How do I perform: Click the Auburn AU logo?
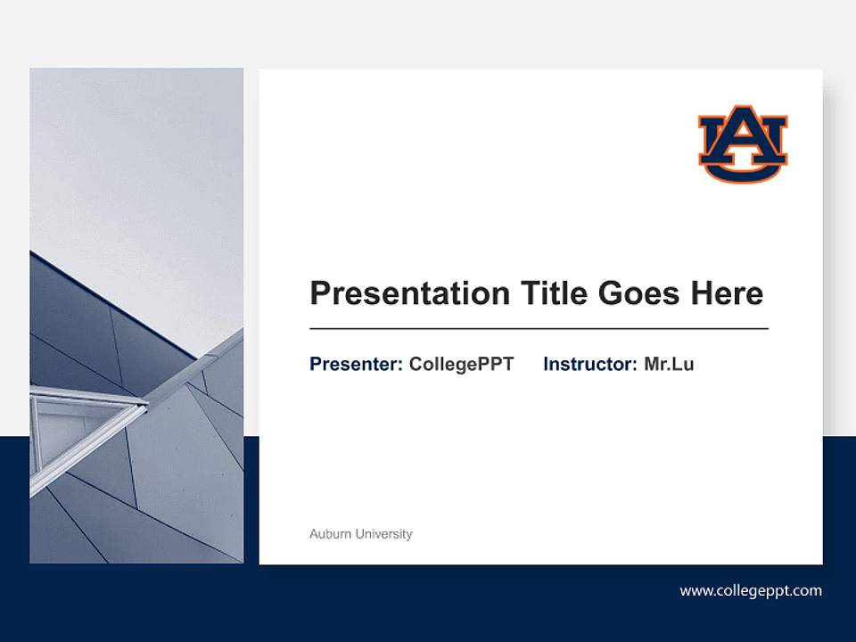(x=743, y=144)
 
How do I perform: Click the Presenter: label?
(x=356, y=365)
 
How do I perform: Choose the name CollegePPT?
(x=461, y=365)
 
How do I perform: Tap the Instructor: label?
(x=589, y=365)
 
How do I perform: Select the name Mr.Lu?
(x=669, y=365)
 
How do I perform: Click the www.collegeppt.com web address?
(x=751, y=590)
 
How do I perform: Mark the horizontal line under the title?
(x=539, y=329)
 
